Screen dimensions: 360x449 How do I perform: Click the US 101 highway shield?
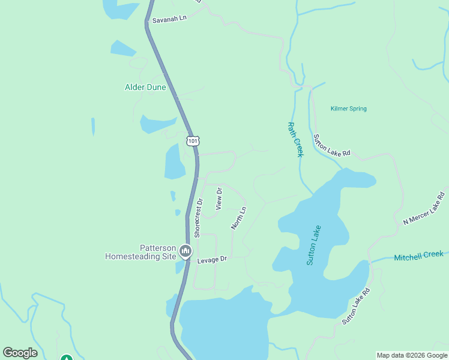[192, 140]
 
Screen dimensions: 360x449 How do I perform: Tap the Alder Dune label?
[145, 87]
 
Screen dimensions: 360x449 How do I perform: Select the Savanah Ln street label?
[169, 19]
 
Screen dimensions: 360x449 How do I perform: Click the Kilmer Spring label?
[348, 109]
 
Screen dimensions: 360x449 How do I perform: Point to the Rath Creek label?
[295, 140]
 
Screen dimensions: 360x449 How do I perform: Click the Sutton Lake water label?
[314, 245]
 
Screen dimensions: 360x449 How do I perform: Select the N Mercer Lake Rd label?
[424, 209]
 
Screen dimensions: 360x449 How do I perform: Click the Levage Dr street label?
[212, 259]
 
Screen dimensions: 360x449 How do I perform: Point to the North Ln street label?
[239, 218]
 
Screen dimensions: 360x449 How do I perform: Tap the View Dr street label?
[219, 198]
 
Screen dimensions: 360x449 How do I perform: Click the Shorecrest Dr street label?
[199, 218]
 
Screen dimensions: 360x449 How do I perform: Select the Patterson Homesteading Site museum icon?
[185, 250]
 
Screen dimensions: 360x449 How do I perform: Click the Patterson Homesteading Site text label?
[140, 252]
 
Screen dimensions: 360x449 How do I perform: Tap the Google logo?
[20, 353]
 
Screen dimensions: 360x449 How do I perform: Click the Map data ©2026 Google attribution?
[412, 355]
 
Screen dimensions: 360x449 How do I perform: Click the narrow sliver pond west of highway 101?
[93, 127]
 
